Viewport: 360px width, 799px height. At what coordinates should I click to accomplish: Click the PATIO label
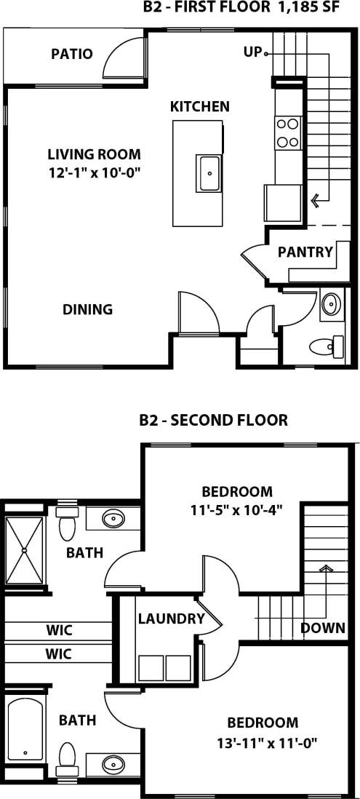tap(72, 54)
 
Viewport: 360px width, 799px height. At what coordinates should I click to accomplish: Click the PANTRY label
tap(305, 253)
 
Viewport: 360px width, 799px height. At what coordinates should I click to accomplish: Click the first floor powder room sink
tap(332, 304)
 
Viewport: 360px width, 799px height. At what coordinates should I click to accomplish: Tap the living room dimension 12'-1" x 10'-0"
tap(93, 172)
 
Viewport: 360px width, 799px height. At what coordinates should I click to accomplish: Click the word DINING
tap(87, 309)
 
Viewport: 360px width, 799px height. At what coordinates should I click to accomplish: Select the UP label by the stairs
tap(252, 52)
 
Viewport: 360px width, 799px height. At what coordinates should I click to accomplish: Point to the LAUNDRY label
tap(171, 619)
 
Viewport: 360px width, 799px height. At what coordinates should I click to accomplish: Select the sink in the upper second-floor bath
tap(113, 520)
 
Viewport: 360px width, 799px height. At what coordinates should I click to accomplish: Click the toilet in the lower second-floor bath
tap(68, 757)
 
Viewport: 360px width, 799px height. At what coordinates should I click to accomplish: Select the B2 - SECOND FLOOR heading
tap(213, 420)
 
